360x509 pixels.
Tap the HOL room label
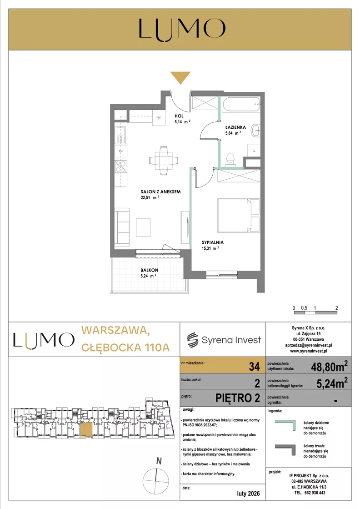(179, 116)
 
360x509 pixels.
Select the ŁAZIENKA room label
(235, 127)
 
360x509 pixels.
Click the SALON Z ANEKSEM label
(160, 192)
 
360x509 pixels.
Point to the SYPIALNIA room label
(212, 242)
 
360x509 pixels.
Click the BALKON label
(149, 270)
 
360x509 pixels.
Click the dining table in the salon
(164, 161)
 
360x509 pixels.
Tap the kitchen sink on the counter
(120, 136)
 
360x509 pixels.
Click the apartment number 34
(254, 367)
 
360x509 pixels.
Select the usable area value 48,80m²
(329, 367)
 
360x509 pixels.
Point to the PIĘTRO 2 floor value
(238, 398)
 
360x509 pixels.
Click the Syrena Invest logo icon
(192, 340)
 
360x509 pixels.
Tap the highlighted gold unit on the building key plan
(86, 429)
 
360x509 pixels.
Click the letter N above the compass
(159, 461)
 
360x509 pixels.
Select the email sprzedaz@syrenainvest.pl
(309, 345)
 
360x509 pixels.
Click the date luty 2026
(249, 494)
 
